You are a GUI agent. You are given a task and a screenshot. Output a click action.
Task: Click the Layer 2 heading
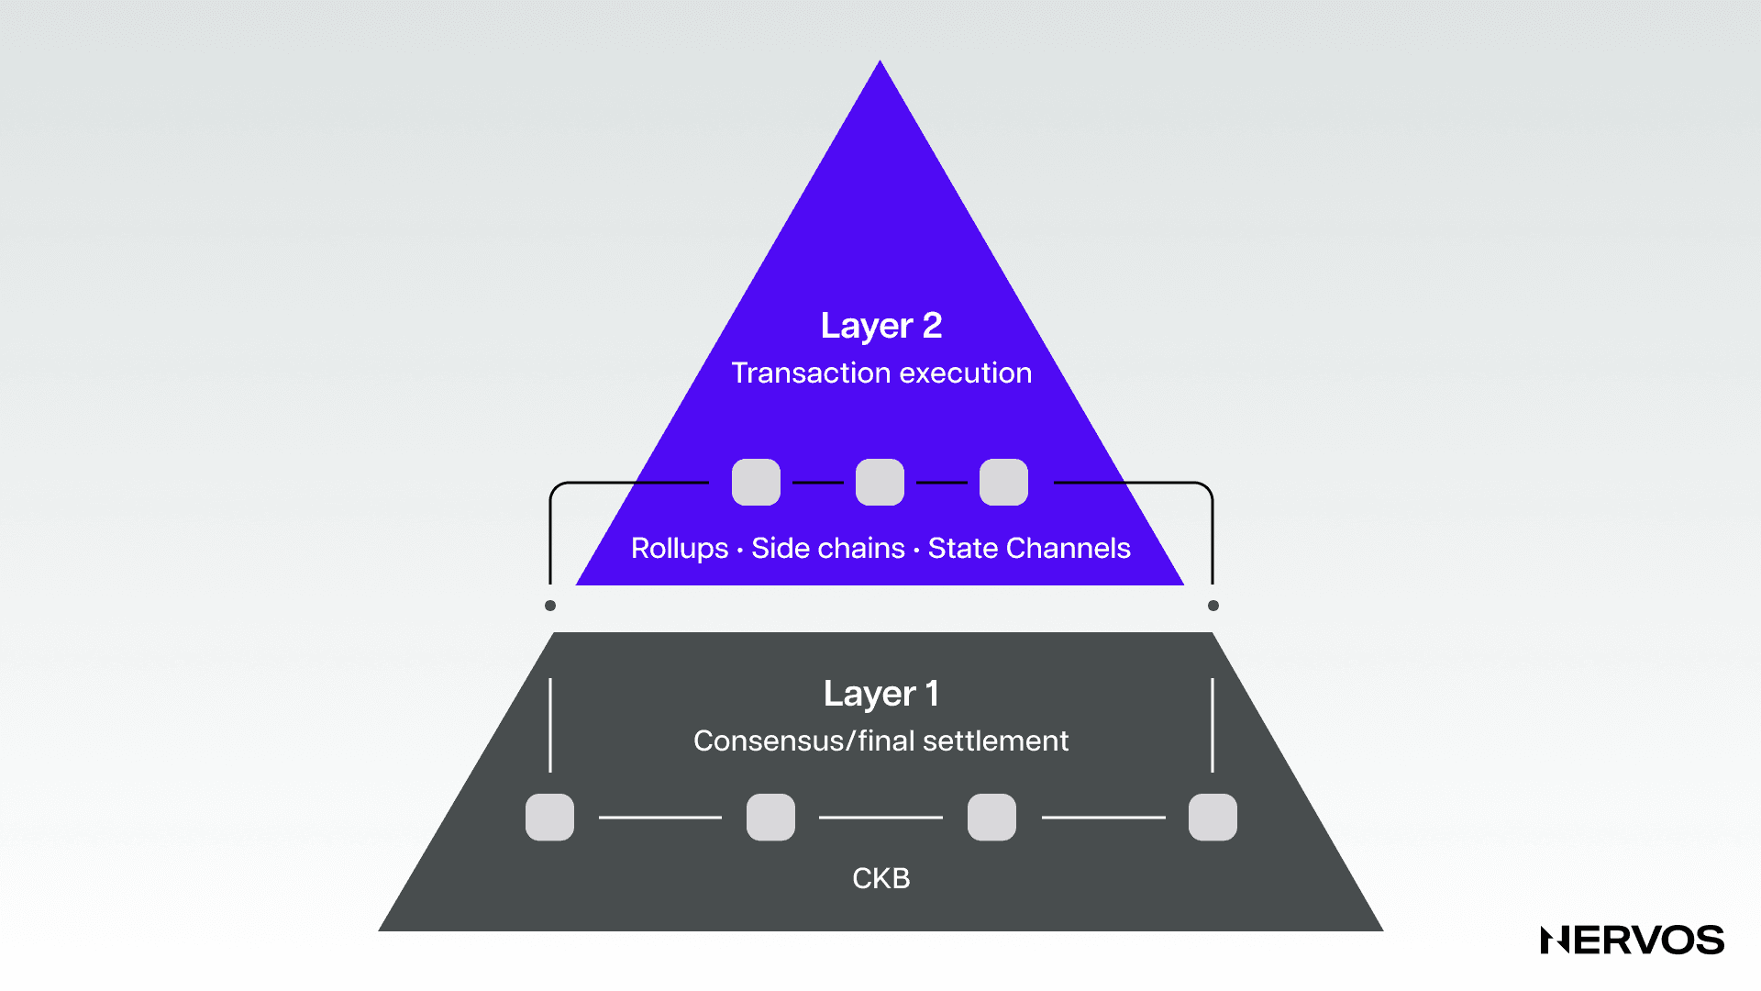[x=880, y=326]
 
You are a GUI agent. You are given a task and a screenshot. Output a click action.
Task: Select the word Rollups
[x=679, y=548]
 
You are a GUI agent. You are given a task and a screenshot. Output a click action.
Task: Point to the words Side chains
[x=827, y=548]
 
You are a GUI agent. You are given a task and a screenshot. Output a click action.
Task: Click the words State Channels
[x=1028, y=548]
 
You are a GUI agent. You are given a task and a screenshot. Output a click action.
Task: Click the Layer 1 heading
[x=880, y=694]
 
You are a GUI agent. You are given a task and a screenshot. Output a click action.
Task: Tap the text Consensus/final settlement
[x=880, y=740]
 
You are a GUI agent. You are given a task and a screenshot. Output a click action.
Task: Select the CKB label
[x=880, y=878]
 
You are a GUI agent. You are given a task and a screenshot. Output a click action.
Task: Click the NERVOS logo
[x=1632, y=941]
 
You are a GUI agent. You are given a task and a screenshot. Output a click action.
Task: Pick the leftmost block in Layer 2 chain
[x=756, y=482]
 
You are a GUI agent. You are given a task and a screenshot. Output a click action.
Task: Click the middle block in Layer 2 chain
[x=880, y=482]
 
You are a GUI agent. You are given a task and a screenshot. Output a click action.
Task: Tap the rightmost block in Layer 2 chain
[x=1003, y=482]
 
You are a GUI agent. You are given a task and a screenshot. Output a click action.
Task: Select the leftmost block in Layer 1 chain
[x=549, y=817]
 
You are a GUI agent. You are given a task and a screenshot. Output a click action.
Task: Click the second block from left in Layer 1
[x=770, y=817]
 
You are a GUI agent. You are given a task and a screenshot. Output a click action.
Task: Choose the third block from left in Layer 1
[x=991, y=817]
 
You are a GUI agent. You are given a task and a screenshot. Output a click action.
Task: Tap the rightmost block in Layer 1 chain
[x=1213, y=817]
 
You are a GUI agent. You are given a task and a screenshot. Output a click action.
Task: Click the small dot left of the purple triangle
[x=550, y=606]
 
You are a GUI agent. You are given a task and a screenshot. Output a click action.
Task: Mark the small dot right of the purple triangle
[x=1213, y=606]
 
